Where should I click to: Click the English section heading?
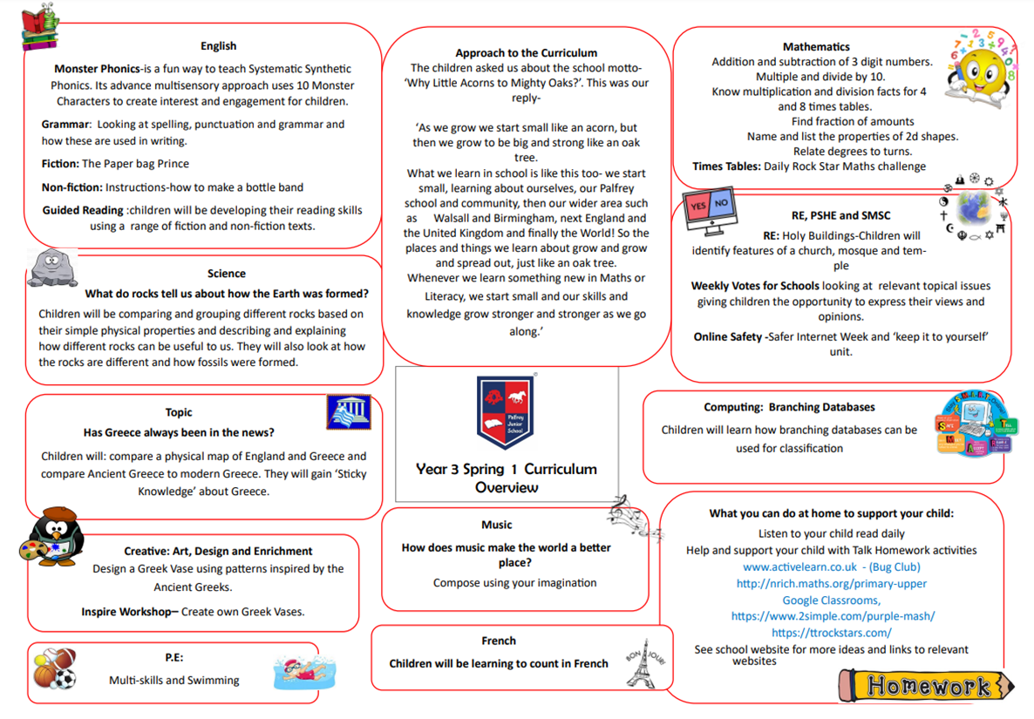click(218, 46)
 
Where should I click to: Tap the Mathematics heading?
click(816, 46)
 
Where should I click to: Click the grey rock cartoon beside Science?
click(52, 268)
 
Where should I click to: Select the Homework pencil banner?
click(928, 686)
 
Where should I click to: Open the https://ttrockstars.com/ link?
click(831, 633)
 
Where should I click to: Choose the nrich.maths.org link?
click(831, 583)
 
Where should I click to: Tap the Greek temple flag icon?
click(349, 412)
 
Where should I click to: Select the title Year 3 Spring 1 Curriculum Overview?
click(507, 478)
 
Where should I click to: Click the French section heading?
click(499, 641)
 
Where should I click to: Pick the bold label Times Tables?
click(726, 166)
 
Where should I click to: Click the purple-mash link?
click(833, 616)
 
